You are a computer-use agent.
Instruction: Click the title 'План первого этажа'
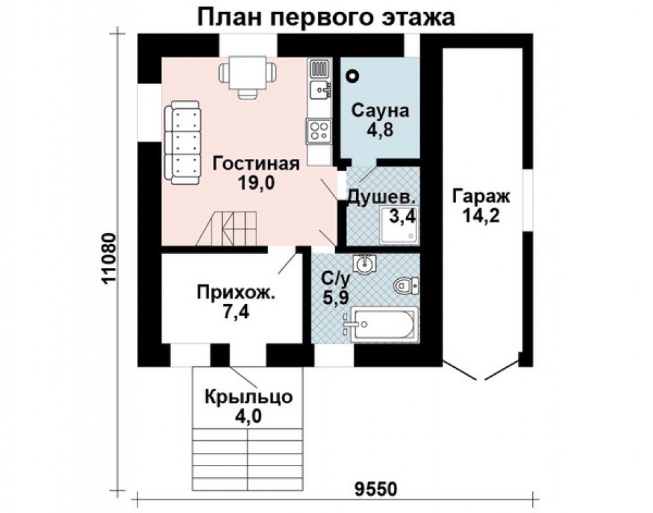pyautogui.click(x=326, y=17)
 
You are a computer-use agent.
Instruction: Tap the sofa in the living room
pyautogui.click(x=182, y=143)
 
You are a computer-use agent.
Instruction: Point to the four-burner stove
pyautogui.click(x=319, y=130)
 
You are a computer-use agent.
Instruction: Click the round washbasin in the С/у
pyautogui.click(x=365, y=265)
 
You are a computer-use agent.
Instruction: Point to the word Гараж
pyautogui.click(x=481, y=197)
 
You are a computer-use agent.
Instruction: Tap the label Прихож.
pyautogui.click(x=236, y=293)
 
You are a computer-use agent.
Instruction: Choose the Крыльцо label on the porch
pyautogui.click(x=248, y=397)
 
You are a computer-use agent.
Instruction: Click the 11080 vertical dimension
pyautogui.click(x=111, y=261)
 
